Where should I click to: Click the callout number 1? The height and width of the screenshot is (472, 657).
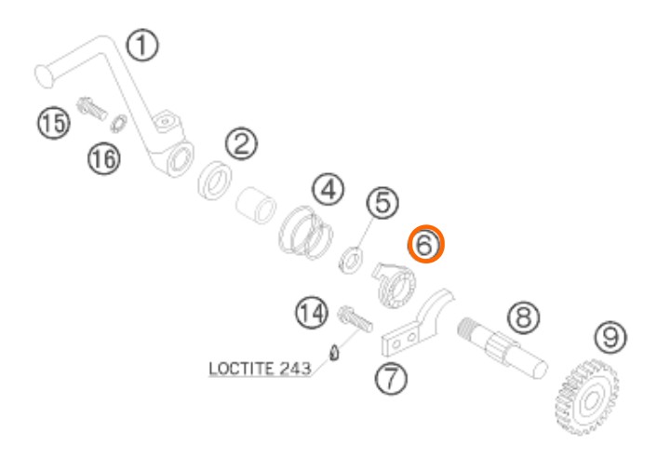(x=142, y=46)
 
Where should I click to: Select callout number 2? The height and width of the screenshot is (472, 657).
(x=241, y=143)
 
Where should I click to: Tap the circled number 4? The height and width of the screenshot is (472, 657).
(x=328, y=190)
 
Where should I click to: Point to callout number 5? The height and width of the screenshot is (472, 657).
(x=382, y=203)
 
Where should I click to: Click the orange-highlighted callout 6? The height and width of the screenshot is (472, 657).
(x=425, y=244)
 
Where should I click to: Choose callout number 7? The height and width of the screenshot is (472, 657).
(x=391, y=379)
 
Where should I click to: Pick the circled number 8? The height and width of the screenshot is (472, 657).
(x=524, y=317)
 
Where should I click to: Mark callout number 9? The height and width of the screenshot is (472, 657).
(x=610, y=337)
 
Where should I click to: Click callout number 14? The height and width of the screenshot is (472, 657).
(x=312, y=313)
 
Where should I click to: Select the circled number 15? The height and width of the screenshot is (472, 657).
(x=54, y=123)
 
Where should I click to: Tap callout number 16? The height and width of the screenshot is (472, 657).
(x=104, y=159)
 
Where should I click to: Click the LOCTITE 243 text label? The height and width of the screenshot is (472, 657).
(x=260, y=369)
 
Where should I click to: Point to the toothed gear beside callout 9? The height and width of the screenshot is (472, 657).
(x=586, y=397)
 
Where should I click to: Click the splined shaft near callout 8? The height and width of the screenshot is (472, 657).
(x=502, y=348)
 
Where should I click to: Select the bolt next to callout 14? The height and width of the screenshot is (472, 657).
(x=355, y=318)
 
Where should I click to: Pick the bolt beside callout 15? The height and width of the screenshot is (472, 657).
(x=92, y=109)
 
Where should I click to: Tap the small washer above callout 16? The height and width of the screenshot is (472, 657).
(x=118, y=123)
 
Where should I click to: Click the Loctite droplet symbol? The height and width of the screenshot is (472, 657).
(x=334, y=353)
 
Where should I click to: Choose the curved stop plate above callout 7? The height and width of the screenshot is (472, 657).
(x=419, y=323)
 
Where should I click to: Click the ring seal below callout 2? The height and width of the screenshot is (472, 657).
(x=215, y=181)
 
